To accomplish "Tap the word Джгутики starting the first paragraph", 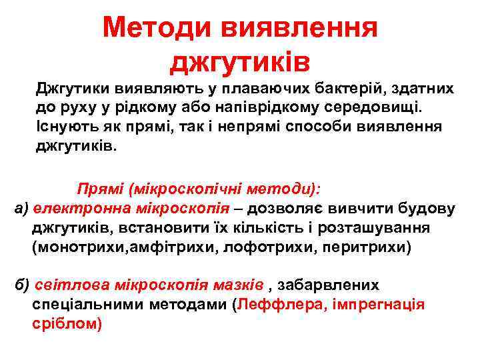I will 74,89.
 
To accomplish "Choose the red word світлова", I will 67,285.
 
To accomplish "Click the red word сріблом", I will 67,324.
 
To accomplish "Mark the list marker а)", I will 21,209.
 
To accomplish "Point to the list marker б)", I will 21,285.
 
